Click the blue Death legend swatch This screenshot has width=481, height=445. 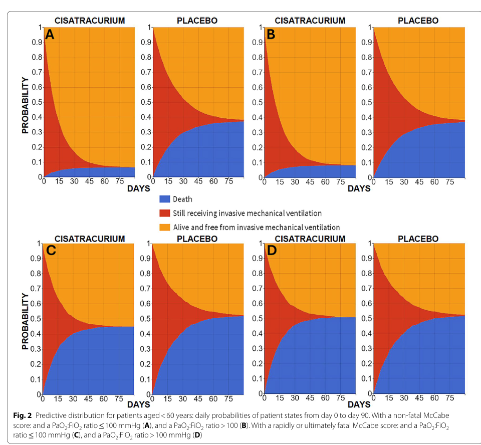165,199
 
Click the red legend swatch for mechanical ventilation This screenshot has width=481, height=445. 165,213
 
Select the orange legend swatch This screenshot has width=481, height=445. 165,227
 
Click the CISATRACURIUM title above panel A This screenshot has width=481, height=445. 90,21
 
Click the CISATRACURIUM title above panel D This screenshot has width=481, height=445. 310,239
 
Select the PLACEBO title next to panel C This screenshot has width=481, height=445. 197,239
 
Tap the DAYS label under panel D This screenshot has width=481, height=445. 359,404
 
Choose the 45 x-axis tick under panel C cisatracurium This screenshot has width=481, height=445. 88,399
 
